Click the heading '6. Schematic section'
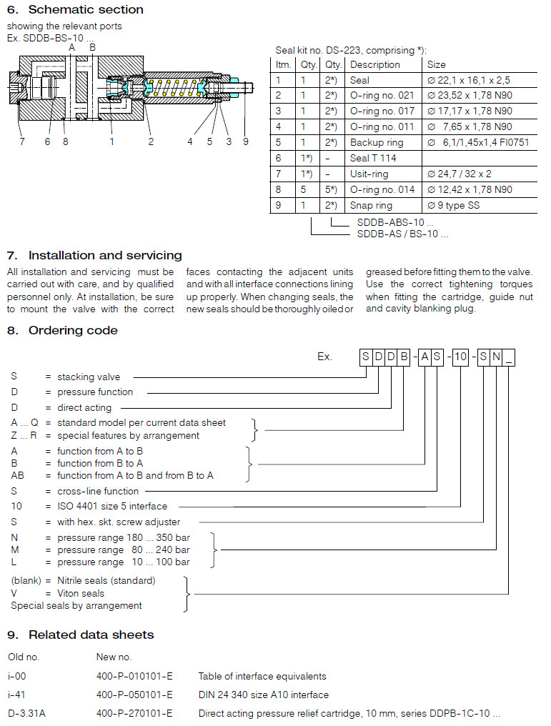(x=75, y=10)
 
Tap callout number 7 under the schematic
(x=22, y=141)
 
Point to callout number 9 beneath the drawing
(x=245, y=141)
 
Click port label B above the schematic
(x=92, y=47)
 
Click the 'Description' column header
(x=375, y=64)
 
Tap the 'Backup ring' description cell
(x=377, y=143)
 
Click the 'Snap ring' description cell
(x=372, y=206)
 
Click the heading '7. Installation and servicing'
(x=94, y=256)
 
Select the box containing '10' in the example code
(x=461, y=357)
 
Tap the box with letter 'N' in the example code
(x=496, y=357)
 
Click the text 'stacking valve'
(x=89, y=377)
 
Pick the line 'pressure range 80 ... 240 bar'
(x=123, y=550)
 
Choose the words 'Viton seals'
(x=81, y=593)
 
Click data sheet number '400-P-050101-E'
(x=134, y=695)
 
